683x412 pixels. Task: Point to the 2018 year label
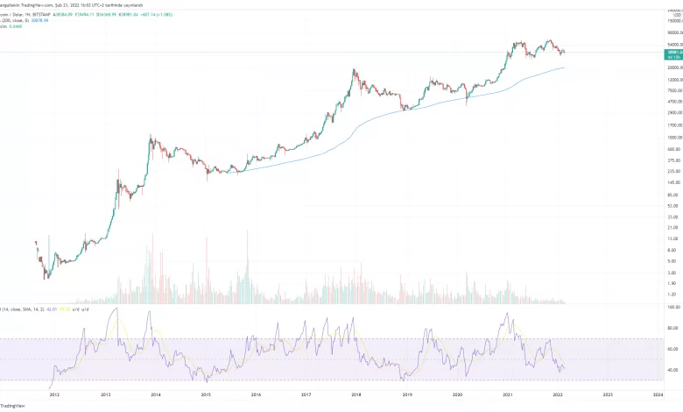point(356,394)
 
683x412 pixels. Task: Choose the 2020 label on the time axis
point(457,394)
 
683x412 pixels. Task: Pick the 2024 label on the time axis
point(657,394)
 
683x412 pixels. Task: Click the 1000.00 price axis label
point(650,138)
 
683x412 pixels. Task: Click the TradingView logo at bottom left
point(12,406)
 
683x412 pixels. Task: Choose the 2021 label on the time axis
point(507,394)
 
